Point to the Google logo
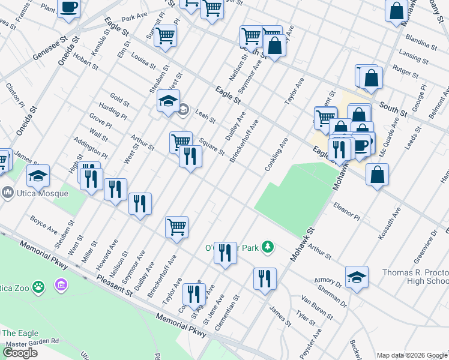[20, 353]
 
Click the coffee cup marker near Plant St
[68, 8]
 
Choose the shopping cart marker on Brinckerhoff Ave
[176, 227]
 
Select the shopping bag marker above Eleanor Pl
[377, 175]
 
